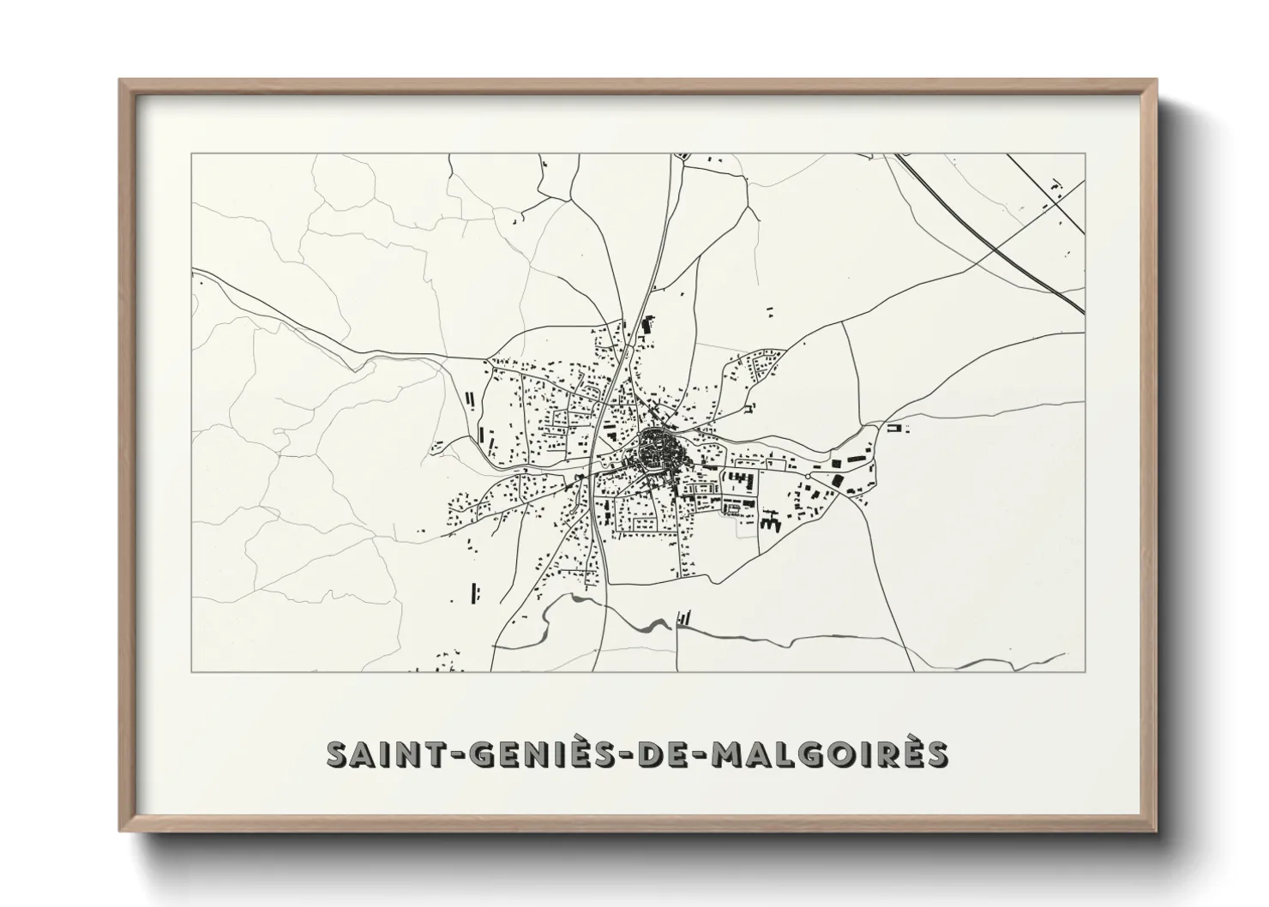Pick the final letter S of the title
coord(936,755)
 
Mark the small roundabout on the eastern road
coord(809,475)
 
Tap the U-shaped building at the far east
coord(895,427)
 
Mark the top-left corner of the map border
coord(192,154)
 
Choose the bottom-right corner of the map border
coord(1085,672)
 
